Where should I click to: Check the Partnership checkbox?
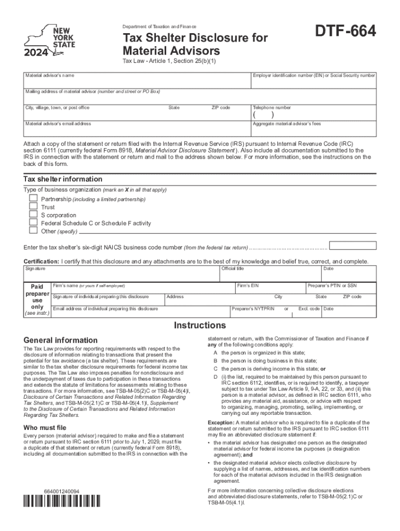coord(33,199)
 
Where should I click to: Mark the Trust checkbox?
coord(33,206)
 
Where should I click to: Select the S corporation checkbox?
coord(33,215)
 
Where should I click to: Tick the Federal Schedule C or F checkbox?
coord(33,222)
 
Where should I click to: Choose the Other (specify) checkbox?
coord(33,231)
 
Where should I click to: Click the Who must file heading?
coord(45,427)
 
